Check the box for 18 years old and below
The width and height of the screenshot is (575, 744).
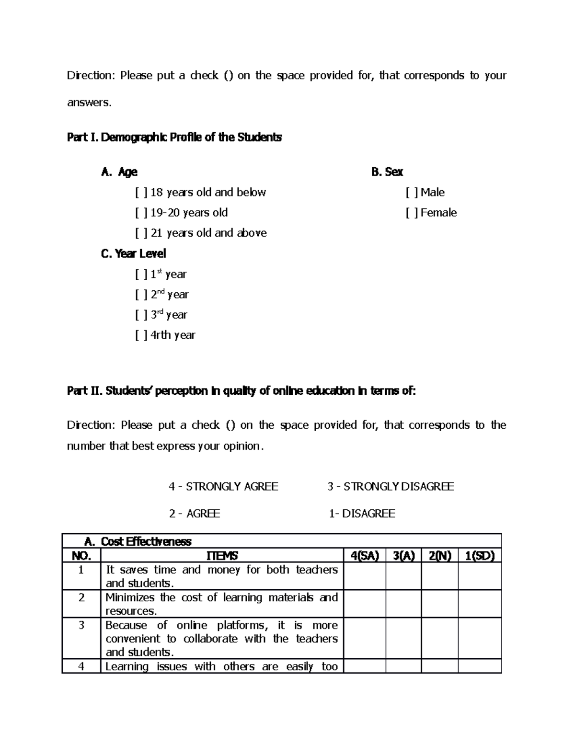click(141, 193)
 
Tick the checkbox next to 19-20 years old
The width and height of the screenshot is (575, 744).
click(141, 213)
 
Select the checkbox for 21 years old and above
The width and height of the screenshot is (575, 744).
click(141, 233)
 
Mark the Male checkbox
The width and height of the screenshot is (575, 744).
click(412, 193)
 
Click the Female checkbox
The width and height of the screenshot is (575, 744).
click(412, 213)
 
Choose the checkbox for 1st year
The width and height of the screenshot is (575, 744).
click(141, 275)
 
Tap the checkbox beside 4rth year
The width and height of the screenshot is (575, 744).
click(141, 335)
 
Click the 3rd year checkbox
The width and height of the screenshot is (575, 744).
click(141, 315)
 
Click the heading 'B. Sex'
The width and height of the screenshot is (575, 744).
click(387, 172)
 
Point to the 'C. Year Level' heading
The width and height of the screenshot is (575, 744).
click(133, 254)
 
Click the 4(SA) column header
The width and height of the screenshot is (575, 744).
click(365, 556)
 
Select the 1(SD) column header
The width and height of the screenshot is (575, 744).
click(480, 556)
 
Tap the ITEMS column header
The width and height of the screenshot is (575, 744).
click(222, 556)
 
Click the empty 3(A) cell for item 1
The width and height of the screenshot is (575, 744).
click(403, 576)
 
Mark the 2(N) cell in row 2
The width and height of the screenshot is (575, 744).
click(440, 604)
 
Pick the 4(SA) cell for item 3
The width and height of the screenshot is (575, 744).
click(365, 638)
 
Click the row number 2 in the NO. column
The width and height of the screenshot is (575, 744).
click(81, 598)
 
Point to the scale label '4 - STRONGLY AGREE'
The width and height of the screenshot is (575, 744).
click(223, 487)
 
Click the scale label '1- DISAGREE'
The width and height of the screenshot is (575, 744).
click(362, 514)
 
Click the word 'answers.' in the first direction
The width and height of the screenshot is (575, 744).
click(89, 103)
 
